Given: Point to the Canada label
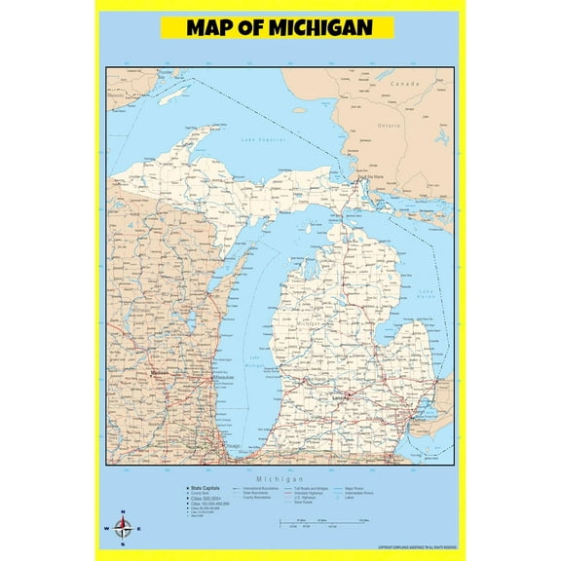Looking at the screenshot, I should tap(404, 85).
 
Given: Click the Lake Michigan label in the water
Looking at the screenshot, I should tap(255, 360).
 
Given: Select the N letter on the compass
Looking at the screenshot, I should tap(123, 513).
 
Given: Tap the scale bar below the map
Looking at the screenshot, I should tap(321, 524).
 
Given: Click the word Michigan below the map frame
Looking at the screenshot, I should tap(280, 479).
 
